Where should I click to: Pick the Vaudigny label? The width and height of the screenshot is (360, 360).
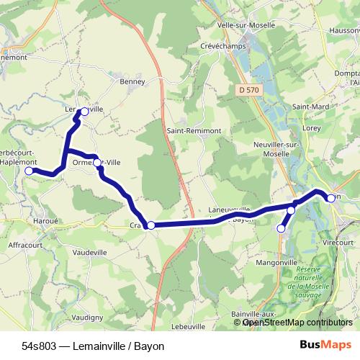[87, 317]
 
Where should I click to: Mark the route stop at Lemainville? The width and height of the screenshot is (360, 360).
[84, 112]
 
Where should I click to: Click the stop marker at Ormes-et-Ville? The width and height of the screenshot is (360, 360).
[97, 163]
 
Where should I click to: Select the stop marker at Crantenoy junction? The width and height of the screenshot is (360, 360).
[150, 225]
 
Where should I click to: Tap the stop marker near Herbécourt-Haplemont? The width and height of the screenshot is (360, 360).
[29, 171]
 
